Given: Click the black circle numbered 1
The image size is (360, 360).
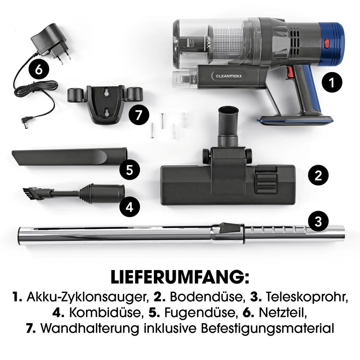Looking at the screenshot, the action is pos(332,82).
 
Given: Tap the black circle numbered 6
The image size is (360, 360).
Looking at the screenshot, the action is pos(39,69).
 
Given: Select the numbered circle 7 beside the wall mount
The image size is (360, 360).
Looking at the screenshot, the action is pos(139,115).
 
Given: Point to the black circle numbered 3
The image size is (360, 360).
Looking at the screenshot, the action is pos(318,222).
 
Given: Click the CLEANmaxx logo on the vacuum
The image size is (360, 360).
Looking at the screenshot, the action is pos(229,76).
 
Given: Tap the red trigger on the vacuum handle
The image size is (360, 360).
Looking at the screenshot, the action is pos(290,72).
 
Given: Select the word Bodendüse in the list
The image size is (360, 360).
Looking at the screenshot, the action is pos(206,297).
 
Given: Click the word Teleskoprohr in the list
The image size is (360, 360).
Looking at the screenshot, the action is pos(306,297).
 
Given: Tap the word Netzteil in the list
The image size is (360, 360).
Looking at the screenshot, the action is pos(283,312).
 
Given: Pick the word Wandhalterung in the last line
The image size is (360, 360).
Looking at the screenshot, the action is pos(90,328).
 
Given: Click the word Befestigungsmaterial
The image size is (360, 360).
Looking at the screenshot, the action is pos(267,328).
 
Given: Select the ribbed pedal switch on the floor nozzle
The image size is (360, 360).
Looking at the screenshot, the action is pos(266,181).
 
